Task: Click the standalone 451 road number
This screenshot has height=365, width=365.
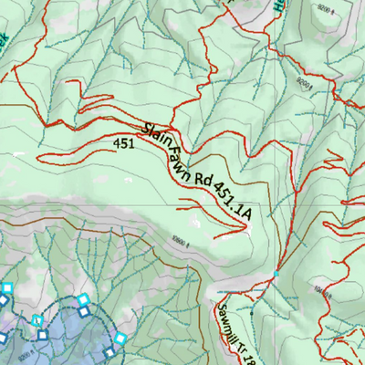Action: click(x=125, y=143)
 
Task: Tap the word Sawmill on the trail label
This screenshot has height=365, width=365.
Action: click(x=227, y=318)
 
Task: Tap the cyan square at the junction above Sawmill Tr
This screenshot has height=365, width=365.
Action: click(x=275, y=274)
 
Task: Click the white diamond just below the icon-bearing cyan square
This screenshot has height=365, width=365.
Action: click(x=41, y=335)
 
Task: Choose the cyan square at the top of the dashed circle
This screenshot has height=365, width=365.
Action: click(x=83, y=299)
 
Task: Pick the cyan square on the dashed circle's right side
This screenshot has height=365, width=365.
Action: click(x=120, y=339)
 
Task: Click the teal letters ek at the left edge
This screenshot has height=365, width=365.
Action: click(x=5, y=42)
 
